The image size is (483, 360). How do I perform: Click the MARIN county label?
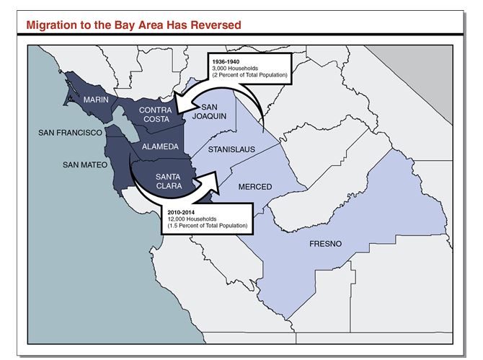pos(97,99)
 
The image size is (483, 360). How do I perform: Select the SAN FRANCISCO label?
pos(69,133)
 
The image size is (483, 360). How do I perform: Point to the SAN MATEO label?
pos(84,164)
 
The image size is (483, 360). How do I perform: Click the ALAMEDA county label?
pos(160,146)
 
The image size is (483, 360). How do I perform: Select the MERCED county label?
pos(254,187)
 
